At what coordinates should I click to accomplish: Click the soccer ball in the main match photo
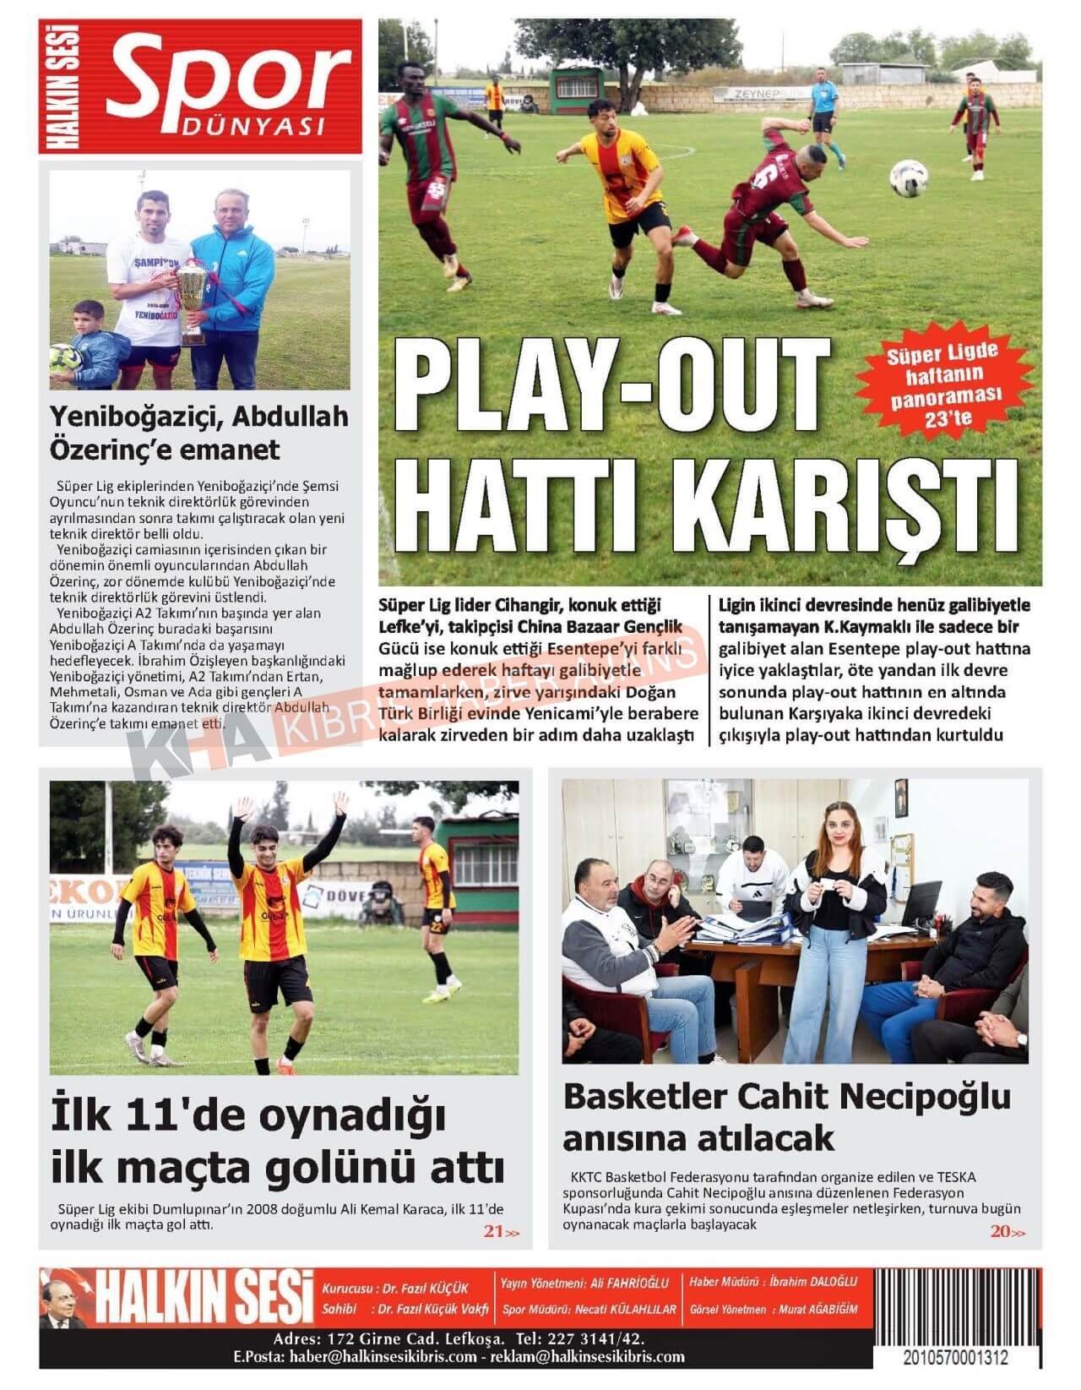(909, 178)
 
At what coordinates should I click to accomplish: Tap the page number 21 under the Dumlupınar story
(494, 1231)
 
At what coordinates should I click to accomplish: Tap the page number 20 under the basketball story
(1001, 1231)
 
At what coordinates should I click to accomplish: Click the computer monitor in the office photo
(921, 903)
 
